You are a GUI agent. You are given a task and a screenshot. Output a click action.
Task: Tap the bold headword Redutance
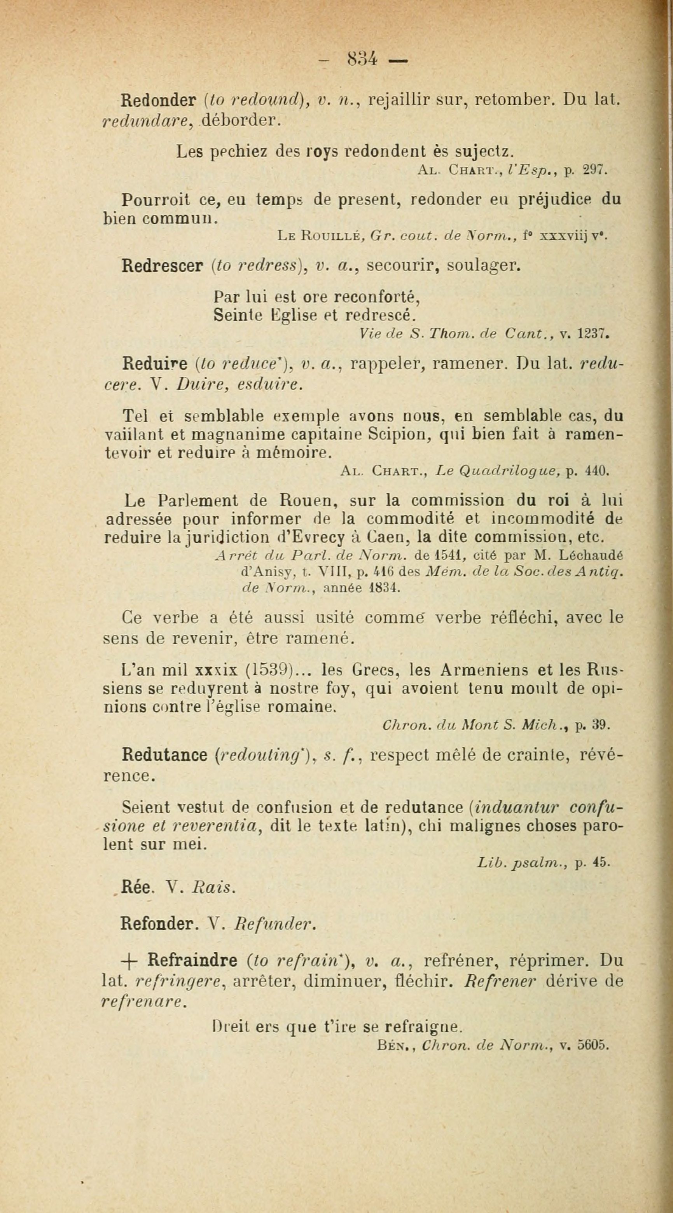click(x=164, y=755)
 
